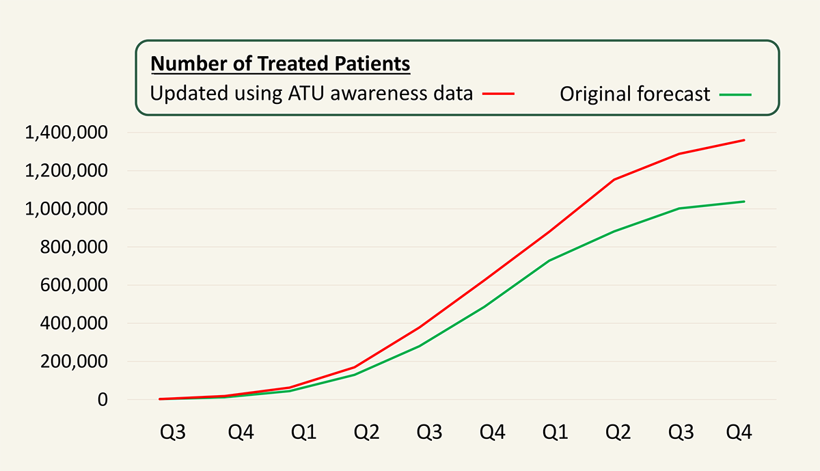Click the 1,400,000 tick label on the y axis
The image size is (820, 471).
pos(66,133)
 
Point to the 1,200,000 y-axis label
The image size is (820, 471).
pos(66,171)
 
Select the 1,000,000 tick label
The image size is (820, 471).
pos(66,208)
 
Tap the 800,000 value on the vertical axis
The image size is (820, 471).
pos(74,247)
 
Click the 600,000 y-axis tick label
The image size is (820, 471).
pos(74,285)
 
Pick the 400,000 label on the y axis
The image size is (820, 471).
pos(74,323)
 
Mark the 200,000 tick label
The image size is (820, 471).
pos(74,362)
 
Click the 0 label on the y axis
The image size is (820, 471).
pos(102,400)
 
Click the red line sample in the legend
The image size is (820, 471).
pos(498,94)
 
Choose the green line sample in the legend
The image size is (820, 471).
pos(735,94)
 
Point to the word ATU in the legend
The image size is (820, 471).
pos(306,94)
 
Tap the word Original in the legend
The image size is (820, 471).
pos(596,94)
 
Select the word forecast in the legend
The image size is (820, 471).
pos(674,94)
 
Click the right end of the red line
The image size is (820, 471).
pos(744,140)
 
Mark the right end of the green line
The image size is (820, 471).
pos(744,202)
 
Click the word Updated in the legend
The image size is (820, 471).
pos(189,94)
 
